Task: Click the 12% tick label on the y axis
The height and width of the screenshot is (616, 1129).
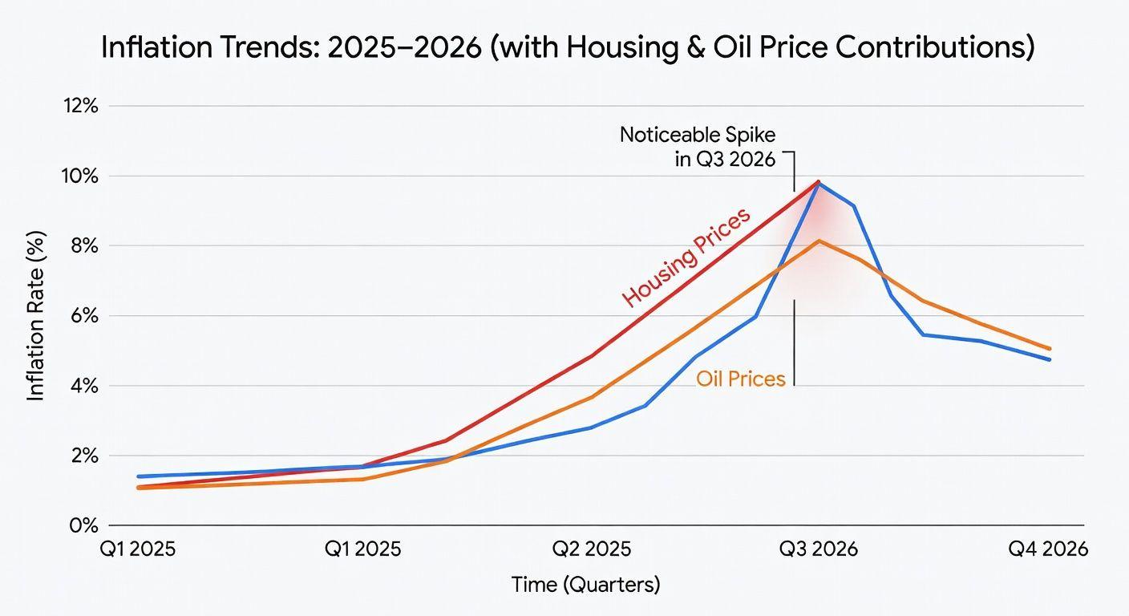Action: pyautogui.click(x=80, y=106)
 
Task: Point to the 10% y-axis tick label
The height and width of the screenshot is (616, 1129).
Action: pyautogui.click(x=80, y=176)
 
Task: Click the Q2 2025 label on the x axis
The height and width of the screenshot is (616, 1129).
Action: pyautogui.click(x=593, y=549)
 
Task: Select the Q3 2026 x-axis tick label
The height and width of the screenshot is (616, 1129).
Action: pyautogui.click(x=819, y=549)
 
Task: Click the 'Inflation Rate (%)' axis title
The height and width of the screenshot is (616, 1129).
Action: pyautogui.click(x=37, y=316)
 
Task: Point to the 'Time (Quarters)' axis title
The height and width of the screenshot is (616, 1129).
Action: pyautogui.click(x=586, y=585)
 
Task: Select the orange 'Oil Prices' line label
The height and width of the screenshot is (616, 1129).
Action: pyautogui.click(x=740, y=379)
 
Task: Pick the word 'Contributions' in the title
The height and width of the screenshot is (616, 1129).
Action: pyautogui.click(x=933, y=49)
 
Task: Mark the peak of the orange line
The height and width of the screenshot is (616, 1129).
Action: pyautogui.click(x=819, y=241)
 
